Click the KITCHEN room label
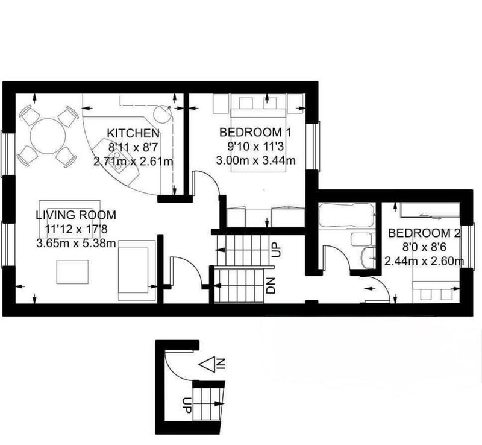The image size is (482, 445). pos(133,133)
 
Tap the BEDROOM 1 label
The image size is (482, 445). pos(255,132)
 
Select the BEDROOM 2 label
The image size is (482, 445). pos(424,233)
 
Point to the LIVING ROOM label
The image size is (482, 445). pos(76,215)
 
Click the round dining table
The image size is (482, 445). pos(48,136)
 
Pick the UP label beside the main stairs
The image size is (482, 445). pos(277,250)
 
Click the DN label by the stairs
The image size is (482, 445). pos(271,286)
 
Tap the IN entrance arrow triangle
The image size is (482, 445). pos(207,364)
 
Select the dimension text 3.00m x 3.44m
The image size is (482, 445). pos(255,160)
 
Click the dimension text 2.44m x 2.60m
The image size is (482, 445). pos(424,261)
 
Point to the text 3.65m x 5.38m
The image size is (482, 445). pos(77,244)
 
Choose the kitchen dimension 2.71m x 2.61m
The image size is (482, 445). pos(133,162)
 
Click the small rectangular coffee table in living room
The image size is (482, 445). pos(72,272)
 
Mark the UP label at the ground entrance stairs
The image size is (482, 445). pos(187,405)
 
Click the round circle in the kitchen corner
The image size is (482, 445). pos(162,115)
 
